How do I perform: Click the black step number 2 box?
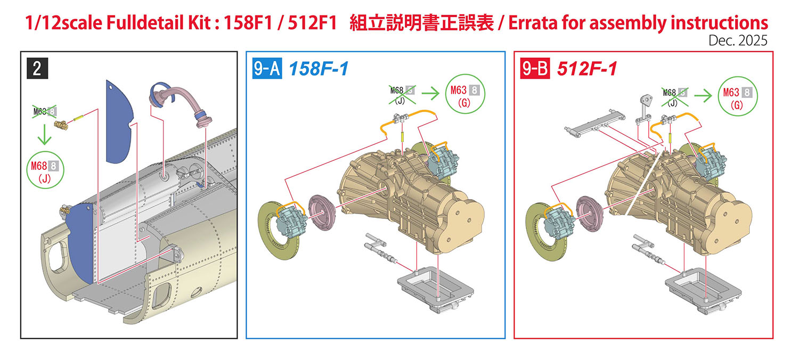[x=37, y=68]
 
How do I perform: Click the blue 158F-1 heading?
[x=319, y=69]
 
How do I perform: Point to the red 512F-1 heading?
[x=587, y=69]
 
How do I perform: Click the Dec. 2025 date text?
[x=738, y=40]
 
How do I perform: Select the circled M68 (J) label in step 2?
[x=45, y=170]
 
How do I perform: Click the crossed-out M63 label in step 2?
[x=45, y=112]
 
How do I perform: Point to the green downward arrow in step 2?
[x=45, y=134]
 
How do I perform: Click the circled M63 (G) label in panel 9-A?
[x=465, y=94]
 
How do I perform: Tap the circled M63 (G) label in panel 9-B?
[x=737, y=96]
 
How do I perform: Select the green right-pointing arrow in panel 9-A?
[x=430, y=94]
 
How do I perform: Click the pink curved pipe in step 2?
[x=180, y=103]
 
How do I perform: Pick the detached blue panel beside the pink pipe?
[x=119, y=122]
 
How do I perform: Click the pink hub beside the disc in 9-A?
[x=321, y=212]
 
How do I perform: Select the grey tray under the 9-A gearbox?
[x=435, y=290]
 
